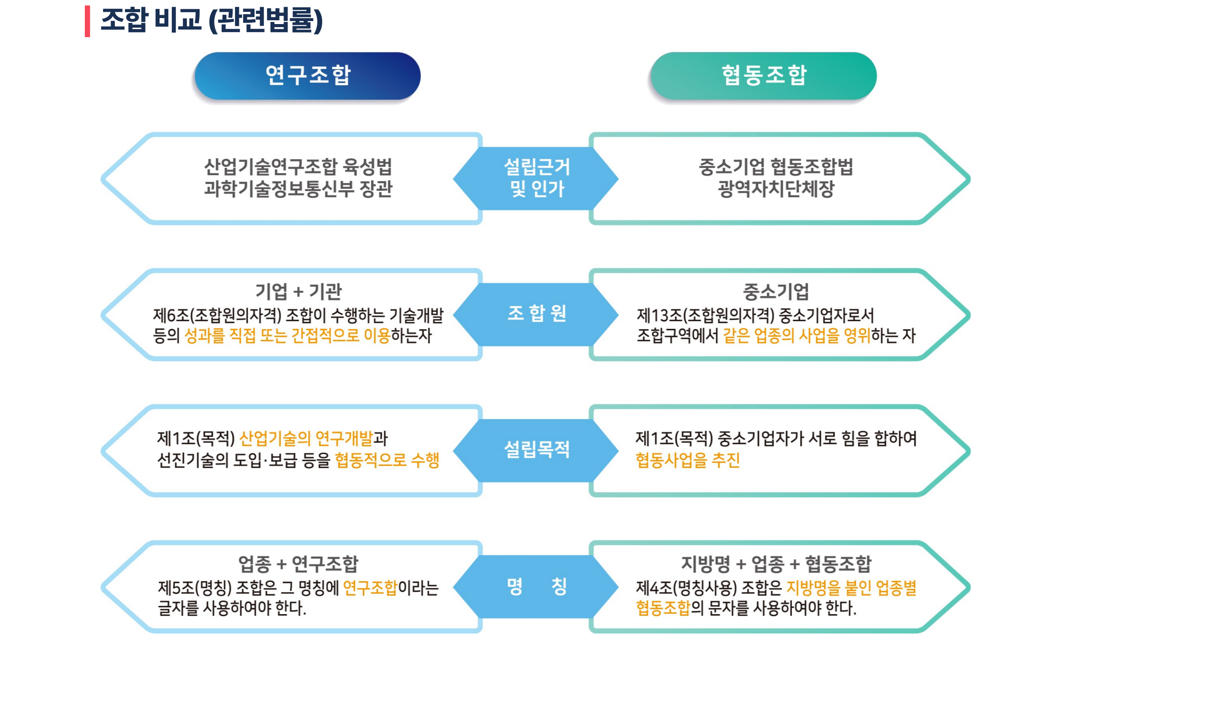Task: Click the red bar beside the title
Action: click(87, 21)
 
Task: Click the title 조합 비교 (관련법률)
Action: click(211, 21)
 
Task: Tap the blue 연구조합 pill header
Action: click(308, 76)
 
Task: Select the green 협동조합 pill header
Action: click(764, 76)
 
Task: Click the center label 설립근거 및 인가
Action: click(537, 178)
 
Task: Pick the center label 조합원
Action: click(537, 313)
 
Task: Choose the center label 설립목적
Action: click(537, 449)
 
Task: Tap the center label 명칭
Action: click(537, 586)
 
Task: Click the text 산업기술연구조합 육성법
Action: click(298, 167)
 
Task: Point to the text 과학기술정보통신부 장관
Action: click(298, 189)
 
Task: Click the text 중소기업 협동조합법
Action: click(776, 167)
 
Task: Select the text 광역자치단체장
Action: click(776, 189)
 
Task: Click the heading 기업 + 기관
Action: click(298, 292)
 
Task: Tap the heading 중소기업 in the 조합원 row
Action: click(776, 292)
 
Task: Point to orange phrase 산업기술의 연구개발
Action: click(306, 438)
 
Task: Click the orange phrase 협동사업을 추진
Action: click(687, 460)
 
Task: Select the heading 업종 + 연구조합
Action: click(298, 564)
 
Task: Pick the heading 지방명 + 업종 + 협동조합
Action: click(776, 564)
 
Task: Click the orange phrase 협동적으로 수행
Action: click(387, 460)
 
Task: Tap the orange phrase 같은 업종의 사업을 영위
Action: click(797, 335)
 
